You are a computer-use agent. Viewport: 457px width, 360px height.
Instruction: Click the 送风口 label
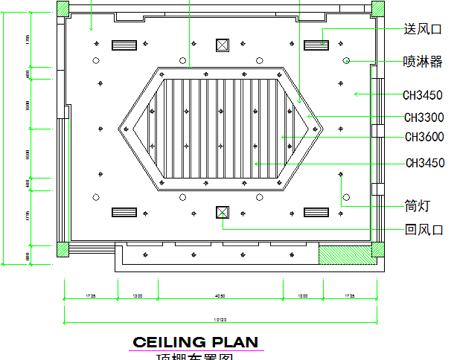[x=422, y=29]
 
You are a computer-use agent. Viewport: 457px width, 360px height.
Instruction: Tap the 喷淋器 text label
[x=422, y=61]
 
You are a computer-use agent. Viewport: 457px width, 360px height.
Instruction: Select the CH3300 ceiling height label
[x=424, y=117]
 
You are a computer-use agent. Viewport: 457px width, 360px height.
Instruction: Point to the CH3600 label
[x=424, y=137]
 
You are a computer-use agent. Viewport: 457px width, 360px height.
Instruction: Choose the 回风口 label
[x=424, y=230]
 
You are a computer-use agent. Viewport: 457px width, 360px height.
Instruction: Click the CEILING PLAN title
[x=196, y=342]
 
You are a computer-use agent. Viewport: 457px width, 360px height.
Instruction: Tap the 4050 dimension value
[x=220, y=297]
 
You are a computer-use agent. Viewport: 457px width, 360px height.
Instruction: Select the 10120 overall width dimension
[x=220, y=321]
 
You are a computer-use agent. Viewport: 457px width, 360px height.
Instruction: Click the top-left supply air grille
[x=124, y=45]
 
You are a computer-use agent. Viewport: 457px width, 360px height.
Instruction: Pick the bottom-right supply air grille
[x=316, y=212]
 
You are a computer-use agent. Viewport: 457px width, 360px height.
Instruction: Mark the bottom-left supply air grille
[x=124, y=212]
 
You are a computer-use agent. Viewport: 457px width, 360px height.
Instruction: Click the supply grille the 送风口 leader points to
[x=316, y=45]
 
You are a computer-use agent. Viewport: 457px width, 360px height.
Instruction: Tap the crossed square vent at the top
[x=221, y=45]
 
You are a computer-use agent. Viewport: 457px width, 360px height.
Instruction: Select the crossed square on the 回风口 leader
[x=221, y=212]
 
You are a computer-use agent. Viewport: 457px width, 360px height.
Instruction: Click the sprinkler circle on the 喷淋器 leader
[x=346, y=60]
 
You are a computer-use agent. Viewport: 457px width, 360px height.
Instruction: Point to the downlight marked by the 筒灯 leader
[x=341, y=175]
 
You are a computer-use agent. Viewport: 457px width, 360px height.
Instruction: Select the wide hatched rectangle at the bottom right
[x=351, y=254]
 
